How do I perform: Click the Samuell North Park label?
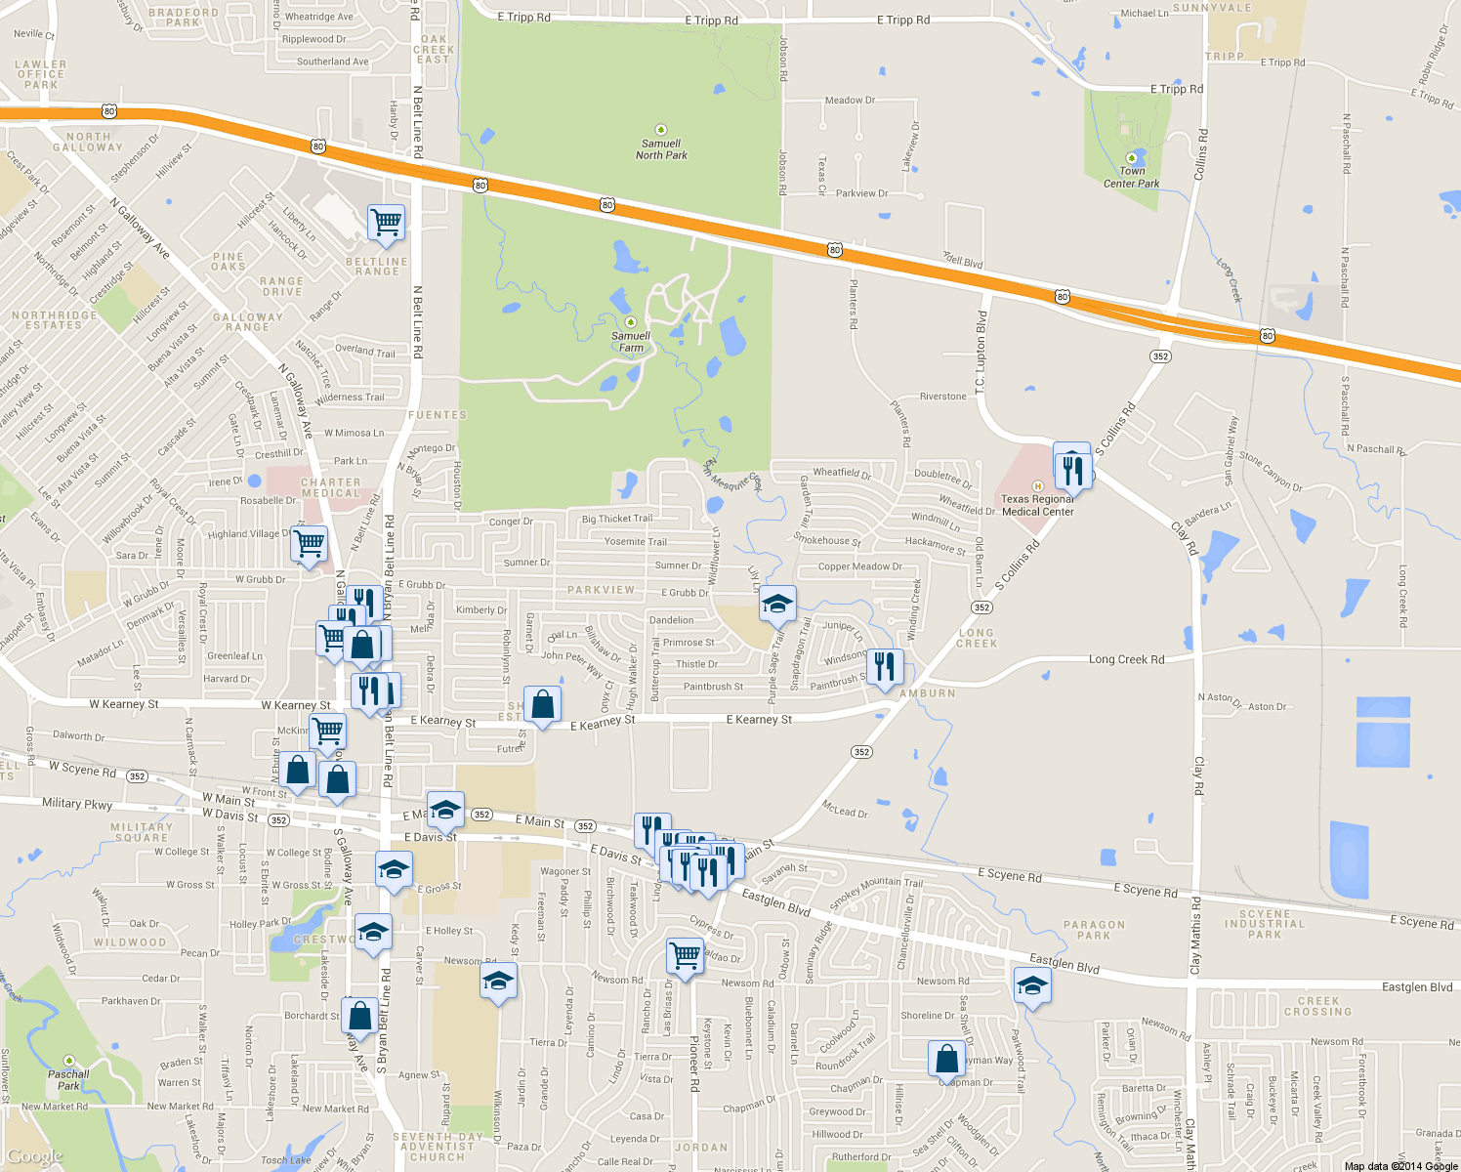click(661, 148)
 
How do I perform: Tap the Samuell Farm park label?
click(631, 341)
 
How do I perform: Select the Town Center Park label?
click(1131, 177)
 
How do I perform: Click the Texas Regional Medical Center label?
click(1037, 505)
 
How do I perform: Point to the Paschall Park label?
click(68, 1079)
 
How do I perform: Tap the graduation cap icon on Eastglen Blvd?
click(1031, 985)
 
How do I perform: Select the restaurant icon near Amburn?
click(884, 667)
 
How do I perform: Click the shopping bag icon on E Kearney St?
click(542, 703)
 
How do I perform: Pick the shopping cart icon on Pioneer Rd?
click(685, 955)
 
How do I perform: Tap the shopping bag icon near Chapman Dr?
click(946, 1058)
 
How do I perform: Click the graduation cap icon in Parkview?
click(777, 605)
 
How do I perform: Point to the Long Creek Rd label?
click(1126, 659)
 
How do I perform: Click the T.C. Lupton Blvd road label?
click(981, 354)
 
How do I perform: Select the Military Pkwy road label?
click(77, 804)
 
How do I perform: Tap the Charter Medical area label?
click(330, 487)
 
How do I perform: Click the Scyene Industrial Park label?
click(1264, 924)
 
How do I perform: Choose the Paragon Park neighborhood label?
click(1094, 930)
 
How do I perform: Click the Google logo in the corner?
click(35, 1157)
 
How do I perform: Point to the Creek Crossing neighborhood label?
click(1318, 1006)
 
